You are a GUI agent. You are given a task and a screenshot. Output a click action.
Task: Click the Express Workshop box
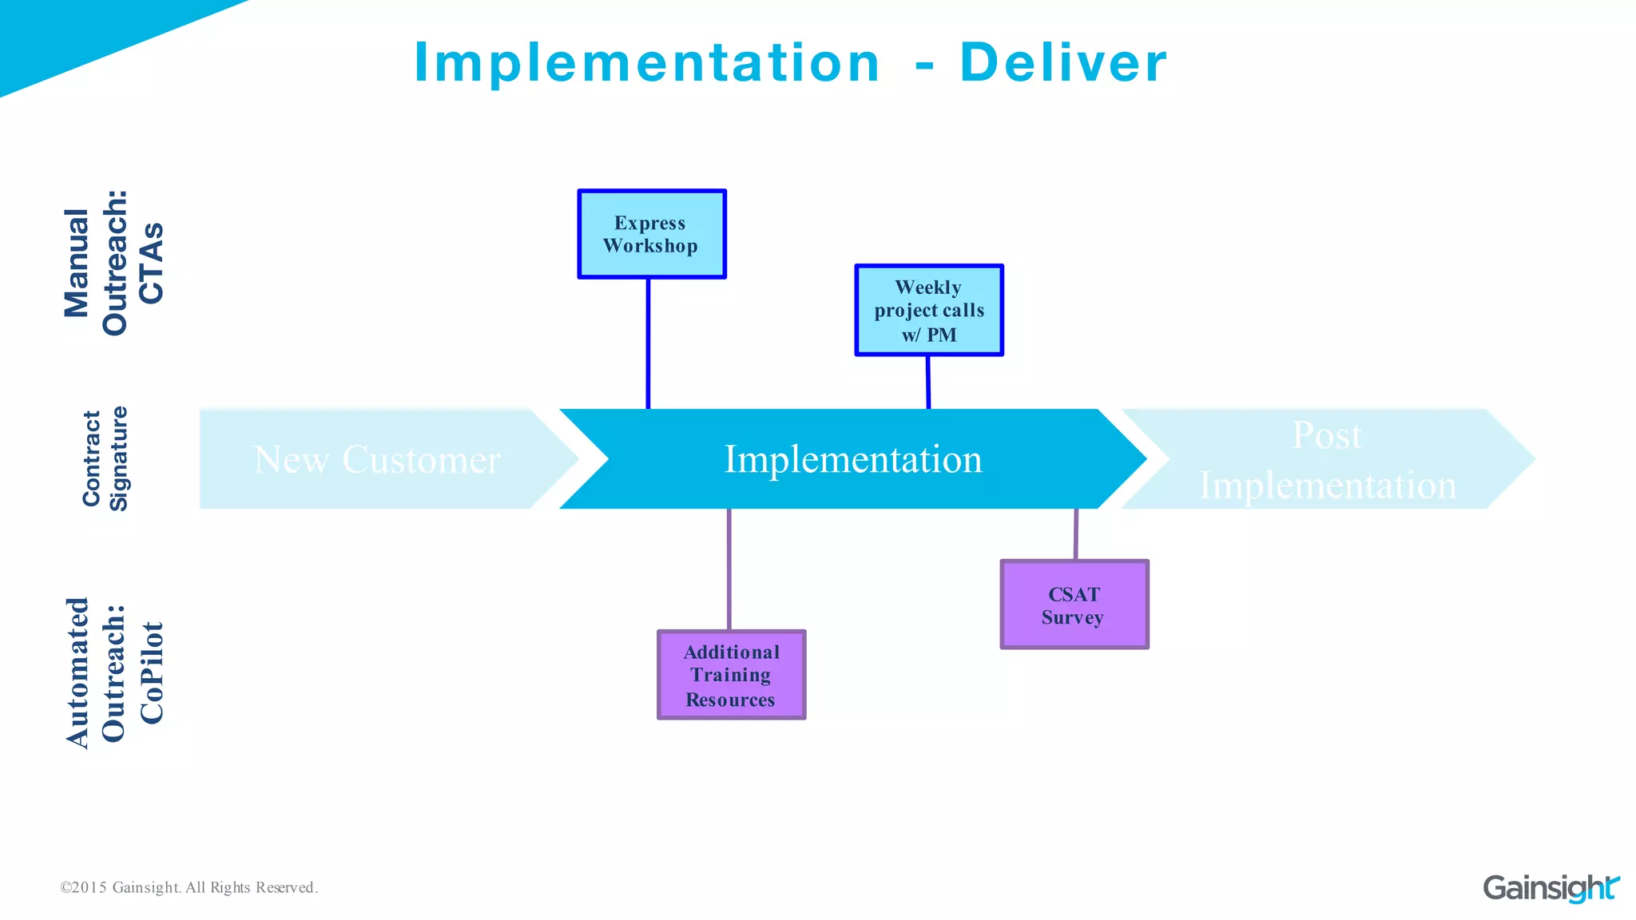651,234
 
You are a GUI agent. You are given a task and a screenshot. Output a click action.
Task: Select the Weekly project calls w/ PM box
928,310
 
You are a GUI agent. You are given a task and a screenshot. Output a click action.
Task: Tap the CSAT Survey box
1074,605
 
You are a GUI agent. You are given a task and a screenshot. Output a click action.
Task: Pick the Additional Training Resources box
731,675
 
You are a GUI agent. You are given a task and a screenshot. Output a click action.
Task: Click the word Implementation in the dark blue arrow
852,459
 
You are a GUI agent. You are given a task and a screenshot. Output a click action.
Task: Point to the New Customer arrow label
377,460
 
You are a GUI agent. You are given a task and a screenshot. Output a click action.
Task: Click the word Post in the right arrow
1327,436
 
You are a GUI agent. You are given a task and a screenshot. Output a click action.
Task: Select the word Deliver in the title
1062,62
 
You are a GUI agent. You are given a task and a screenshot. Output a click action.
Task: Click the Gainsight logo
1550,887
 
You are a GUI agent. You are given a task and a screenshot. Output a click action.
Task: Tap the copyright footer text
189,887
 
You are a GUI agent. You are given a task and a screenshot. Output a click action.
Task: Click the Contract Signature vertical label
105,458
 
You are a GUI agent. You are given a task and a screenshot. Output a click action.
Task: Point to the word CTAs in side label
151,264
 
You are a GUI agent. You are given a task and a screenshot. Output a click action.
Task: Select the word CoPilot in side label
151,672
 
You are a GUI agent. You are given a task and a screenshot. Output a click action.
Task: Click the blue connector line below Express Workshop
648,343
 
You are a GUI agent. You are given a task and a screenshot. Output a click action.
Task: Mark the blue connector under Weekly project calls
928,382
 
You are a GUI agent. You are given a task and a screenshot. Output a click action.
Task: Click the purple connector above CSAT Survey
1076,534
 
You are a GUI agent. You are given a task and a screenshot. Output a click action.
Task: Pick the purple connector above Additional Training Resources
729,569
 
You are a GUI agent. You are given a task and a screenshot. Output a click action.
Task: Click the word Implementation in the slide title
647,62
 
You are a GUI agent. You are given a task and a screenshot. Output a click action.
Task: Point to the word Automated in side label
77,672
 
